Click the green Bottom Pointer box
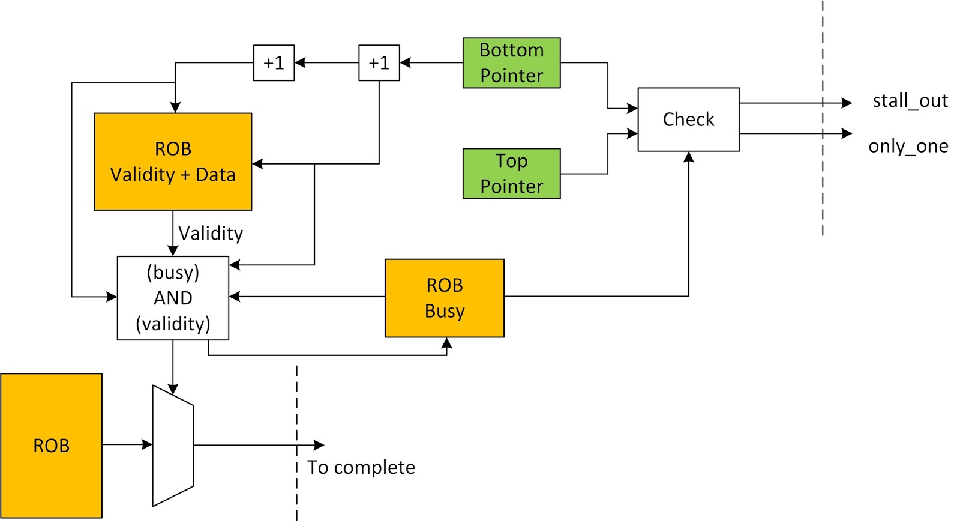[x=511, y=63]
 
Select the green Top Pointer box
[x=511, y=174]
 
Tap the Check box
[x=688, y=119]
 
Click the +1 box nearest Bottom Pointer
[x=379, y=62]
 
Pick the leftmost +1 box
[x=274, y=62]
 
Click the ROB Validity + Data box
[x=173, y=162]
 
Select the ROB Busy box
[x=444, y=298]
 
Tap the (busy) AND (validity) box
[x=173, y=298]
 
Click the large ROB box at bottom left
[x=51, y=446]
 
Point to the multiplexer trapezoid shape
[x=173, y=446]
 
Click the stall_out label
[x=910, y=101]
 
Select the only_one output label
[x=908, y=146]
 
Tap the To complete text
[x=361, y=467]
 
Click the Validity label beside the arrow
[x=211, y=233]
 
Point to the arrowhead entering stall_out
[x=847, y=103]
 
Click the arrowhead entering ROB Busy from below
[x=446, y=343]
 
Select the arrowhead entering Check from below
[x=689, y=157]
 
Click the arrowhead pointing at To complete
[x=319, y=445]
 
